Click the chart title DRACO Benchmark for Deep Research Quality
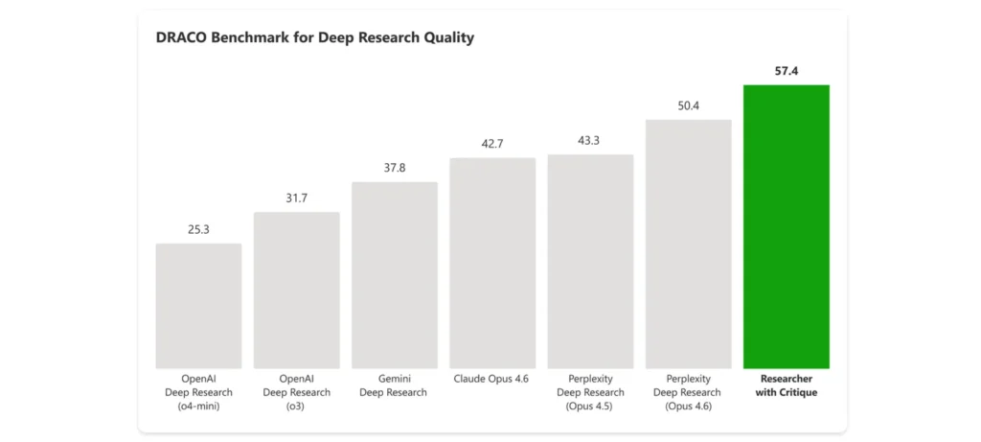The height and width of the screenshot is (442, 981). pyautogui.click(x=315, y=38)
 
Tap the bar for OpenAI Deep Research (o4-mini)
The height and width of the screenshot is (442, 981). pyautogui.click(x=198, y=306)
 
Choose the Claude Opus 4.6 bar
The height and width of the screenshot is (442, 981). pyautogui.click(x=492, y=263)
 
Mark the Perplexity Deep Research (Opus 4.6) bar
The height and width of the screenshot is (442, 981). pyautogui.click(x=688, y=244)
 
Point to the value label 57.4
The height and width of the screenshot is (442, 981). pyautogui.click(x=786, y=71)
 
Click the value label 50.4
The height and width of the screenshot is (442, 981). pyautogui.click(x=688, y=105)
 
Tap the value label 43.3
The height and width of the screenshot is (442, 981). pyautogui.click(x=590, y=141)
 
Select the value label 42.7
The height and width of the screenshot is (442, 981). pyautogui.click(x=492, y=144)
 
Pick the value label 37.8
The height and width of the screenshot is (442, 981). pyautogui.click(x=394, y=168)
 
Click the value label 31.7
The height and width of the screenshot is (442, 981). pyautogui.click(x=296, y=198)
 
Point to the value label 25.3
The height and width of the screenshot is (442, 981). pyautogui.click(x=198, y=229)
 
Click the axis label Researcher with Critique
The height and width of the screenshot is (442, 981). pyautogui.click(x=786, y=385)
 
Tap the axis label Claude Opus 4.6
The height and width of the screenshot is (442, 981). pyautogui.click(x=492, y=379)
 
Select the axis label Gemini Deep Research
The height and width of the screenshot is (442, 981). pyautogui.click(x=394, y=385)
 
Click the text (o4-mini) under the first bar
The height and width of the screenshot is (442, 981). pyautogui.click(x=198, y=407)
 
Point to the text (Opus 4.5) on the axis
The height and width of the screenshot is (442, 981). pyautogui.click(x=590, y=407)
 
